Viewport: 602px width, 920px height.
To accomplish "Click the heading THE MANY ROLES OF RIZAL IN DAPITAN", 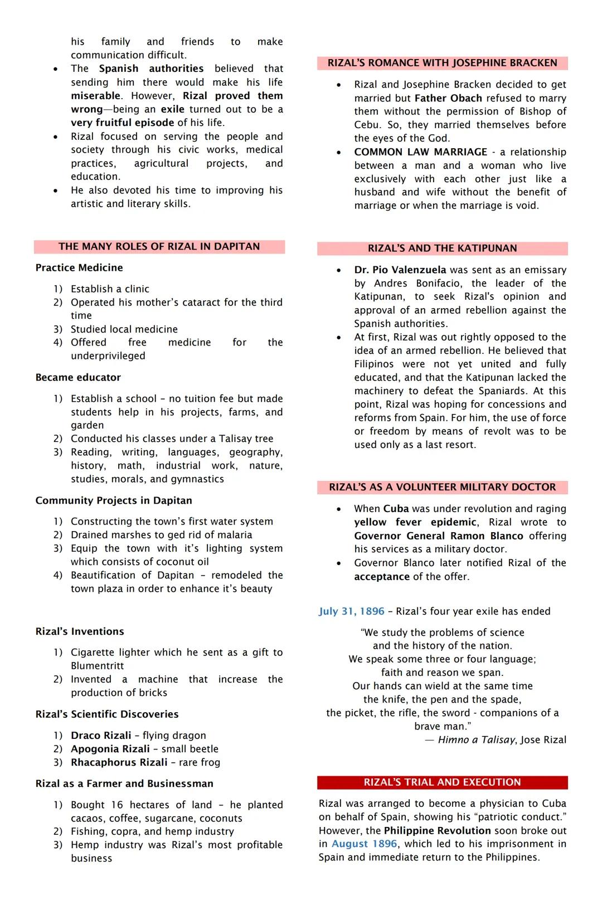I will coord(159,246).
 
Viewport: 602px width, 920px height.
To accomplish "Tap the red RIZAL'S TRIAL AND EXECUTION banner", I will coord(442,782).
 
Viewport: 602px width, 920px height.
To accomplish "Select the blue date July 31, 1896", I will coord(351,611).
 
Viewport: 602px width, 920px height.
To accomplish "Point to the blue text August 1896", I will coord(365,844).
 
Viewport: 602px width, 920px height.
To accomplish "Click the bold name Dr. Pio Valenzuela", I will coord(400,270).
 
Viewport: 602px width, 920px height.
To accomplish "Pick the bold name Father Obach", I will coord(448,98).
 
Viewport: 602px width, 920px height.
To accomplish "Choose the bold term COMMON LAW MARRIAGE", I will coord(420,152).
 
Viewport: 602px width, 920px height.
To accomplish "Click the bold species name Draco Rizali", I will coord(101,736).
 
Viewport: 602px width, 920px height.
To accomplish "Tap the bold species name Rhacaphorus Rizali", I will coord(119,762).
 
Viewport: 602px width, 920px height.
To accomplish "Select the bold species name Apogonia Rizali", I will coord(110,749).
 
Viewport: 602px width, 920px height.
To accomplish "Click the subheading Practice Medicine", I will coord(79,267).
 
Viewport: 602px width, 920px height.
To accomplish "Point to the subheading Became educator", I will coord(78,377).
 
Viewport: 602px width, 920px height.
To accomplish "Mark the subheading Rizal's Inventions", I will coord(80,631).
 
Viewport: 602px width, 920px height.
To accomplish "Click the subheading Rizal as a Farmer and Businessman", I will coord(124,783).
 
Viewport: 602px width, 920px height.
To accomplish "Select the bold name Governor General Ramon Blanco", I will coord(438,536).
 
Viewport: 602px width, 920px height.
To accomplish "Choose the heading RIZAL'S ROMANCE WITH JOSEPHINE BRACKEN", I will coord(442,63).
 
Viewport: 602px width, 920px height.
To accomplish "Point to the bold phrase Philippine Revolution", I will coord(437,830).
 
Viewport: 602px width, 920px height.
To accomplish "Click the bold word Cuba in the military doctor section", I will coord(396,509).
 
